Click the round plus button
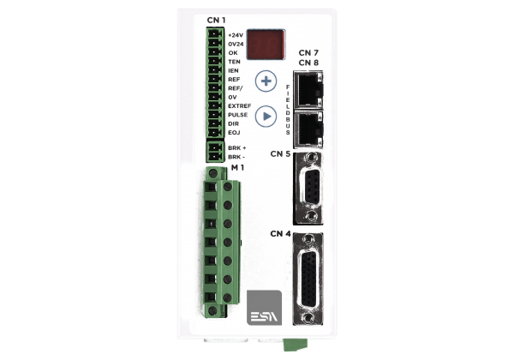[266, 81]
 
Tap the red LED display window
[266, 45]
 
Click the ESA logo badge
[264, 308]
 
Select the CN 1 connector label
[216, 21]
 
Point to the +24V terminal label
[236, 35]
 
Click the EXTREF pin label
[240, 106]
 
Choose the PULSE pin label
[237, 115]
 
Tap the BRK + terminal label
[237, 148]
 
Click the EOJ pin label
[234, 133]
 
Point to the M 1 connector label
[237, 167]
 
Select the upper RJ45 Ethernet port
[308, 89]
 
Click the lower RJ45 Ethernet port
[308, 129]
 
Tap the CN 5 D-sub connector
[308, 189]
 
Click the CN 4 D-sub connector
[308, 279]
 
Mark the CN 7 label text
[308, 53]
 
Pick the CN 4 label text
[280, 234]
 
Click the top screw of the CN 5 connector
[310, 158]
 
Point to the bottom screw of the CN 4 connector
[308, 317]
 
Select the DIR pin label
[233, 123]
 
